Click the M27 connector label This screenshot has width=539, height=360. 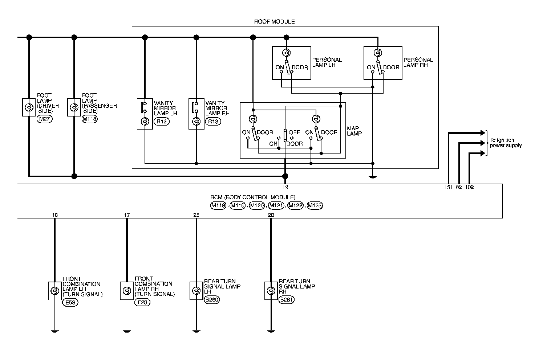[x=45, y=119]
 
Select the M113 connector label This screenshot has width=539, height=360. [x=90, y=119]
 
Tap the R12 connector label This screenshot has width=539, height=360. [x=162, y=122]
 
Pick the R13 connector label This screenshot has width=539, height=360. [x=213, y=122]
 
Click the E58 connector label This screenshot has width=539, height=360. [x=70, y=302]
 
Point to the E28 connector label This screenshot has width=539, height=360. [x=142, y=302]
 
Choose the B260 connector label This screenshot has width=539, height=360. [x=212, y=300]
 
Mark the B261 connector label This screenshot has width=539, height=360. [x=286, y=300]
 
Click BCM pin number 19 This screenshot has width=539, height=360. [x=285, y=187]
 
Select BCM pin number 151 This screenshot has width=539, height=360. [x=449, y=187]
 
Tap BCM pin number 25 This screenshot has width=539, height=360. [x=196, y=215]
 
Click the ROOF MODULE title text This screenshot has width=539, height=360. [x=274, y=21]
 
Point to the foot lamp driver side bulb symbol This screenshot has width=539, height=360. [x=29, y=107]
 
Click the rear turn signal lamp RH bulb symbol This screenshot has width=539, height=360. [x=271, y=291]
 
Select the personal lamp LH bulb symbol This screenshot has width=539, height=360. [x=286, y=53]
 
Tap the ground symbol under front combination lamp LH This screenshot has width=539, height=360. [x=54, y=331]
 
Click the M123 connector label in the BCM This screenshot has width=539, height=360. [x=315, y=206]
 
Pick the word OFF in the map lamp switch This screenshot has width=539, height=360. [x=294, y=132]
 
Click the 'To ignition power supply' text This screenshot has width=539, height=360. [x=505, y=143]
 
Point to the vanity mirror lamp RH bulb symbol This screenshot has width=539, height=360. [x=196, y=122]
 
